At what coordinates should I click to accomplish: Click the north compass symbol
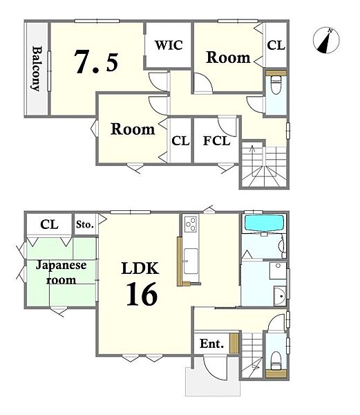326,40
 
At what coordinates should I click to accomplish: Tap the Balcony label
37,68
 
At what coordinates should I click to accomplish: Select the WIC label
169,45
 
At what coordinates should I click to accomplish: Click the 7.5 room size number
97,62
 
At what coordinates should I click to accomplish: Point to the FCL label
216,141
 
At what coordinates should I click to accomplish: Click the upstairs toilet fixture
276,84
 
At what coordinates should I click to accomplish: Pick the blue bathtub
265,222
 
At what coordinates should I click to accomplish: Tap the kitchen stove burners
191,224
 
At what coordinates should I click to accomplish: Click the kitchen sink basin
191,261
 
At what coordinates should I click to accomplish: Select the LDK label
140,268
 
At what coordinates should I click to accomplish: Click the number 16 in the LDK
142,294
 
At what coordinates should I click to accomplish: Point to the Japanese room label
61,273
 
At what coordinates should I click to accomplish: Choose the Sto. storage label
85,224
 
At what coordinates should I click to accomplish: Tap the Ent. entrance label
211,344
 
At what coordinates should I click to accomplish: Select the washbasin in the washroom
281,296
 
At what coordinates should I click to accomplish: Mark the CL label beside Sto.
50,224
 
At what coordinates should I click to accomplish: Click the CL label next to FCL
180,141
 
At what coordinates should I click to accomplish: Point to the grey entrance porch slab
213,382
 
